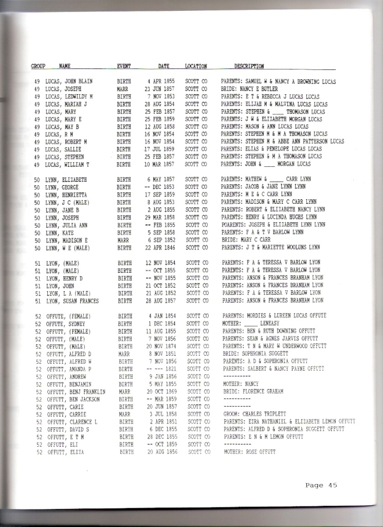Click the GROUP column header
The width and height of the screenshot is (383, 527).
38,66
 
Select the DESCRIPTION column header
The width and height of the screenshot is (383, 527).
249,66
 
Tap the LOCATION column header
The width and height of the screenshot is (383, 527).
196,66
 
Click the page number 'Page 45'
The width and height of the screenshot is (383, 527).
321,485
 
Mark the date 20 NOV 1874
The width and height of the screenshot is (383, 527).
161,346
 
